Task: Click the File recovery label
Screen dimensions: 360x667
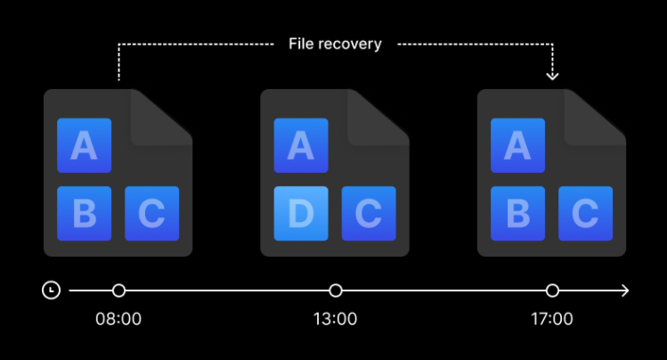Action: click(335, 44)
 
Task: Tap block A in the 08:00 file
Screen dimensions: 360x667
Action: click(84, 145)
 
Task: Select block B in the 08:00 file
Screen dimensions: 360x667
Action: click(84, 213)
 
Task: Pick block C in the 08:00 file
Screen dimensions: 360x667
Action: click(152, 213)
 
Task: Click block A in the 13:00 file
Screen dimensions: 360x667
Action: click(300, 145)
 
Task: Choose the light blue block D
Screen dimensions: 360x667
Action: click(300, 213)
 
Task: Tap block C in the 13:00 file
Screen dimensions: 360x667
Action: click(369, 213)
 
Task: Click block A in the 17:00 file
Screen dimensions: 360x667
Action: click(517, 145)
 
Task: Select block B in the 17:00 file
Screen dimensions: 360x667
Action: click(517, 213)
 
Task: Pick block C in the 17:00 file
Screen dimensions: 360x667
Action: click(585, 213)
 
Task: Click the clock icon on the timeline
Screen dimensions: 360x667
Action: click(52, 290)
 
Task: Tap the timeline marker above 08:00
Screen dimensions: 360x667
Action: click(118, 290)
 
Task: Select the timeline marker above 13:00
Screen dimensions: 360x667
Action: click(336, 290)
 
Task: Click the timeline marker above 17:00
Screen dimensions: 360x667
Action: click(552, 290)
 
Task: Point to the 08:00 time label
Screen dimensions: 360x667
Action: click(118, 318)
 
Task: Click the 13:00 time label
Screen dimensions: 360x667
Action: click(336, 318)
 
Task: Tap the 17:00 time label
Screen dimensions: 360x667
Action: click(552, 318)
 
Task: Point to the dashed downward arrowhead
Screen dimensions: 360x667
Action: click(552, 75)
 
